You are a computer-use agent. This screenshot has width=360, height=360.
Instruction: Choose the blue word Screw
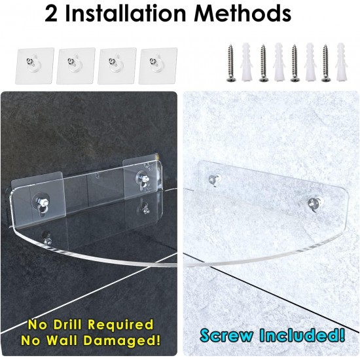coord(226,336)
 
